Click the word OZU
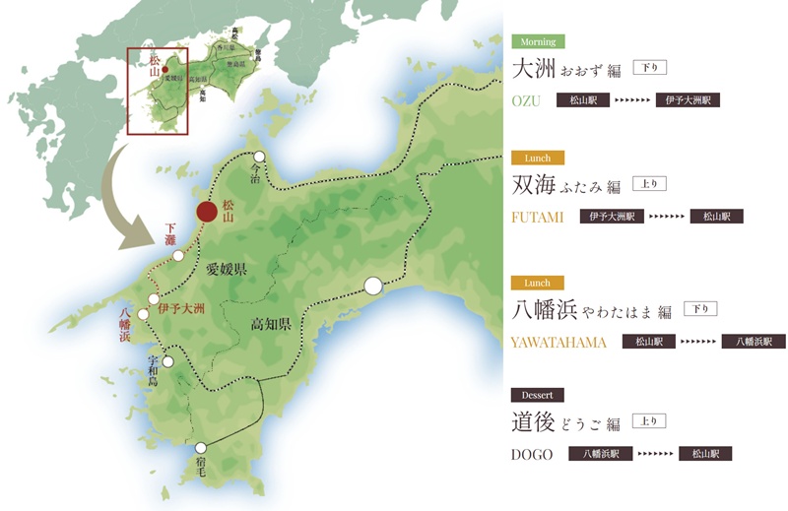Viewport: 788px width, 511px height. pyautogui.click(x=527, y=100)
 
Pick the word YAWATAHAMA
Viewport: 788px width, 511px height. pyautogui.click(x=559, y=343)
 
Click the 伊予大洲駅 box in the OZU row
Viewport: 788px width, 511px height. pyautogui.click(x=689, y=100)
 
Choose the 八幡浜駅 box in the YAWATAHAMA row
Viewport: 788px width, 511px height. pyautogui.click(x=754, y=343)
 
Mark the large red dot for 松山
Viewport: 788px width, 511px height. pyautogui.click(x=207, y=212)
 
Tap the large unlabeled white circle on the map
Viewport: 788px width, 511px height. pyautogui.click(x=373, y=287)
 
